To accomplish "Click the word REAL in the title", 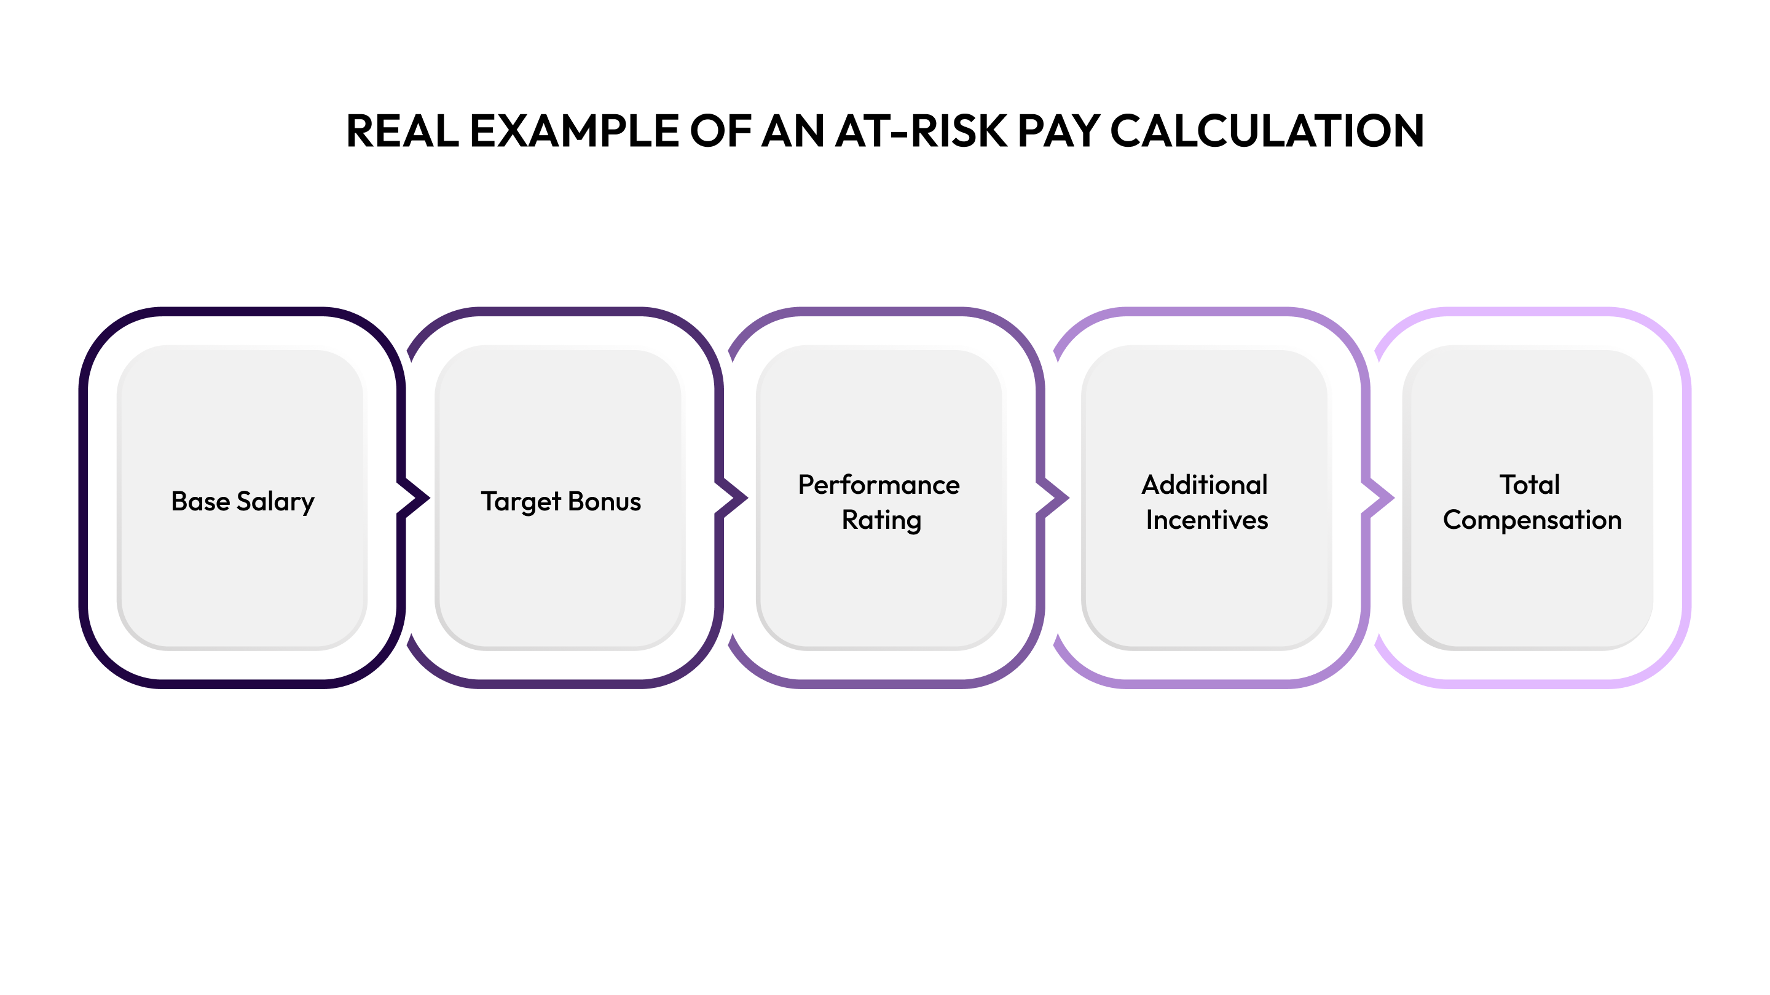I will coord(402,131).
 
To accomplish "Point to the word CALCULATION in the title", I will coord(1266,131).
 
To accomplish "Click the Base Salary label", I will coord(243,501).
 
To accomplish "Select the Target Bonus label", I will coord(560,501).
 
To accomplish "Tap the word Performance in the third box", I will coord(879,485).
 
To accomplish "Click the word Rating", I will coord(881,520).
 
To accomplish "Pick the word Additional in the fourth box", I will coord(1205,485).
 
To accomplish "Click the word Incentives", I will coord(1206,520).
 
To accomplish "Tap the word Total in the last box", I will coord(1530,485).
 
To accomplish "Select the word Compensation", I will coord(1532,520).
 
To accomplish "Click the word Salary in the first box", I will coord(275,501).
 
